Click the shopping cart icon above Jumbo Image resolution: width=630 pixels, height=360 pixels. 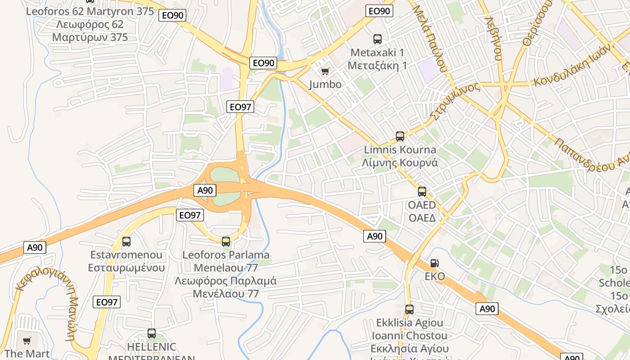click(325, 71)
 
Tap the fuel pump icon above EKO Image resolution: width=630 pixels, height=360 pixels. click(434, 263)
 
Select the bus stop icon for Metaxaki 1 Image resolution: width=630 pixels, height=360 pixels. click(378, 39)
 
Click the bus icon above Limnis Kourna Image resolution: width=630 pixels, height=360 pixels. click(400, 136)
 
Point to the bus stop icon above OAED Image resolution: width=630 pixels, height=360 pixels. click(422, 192)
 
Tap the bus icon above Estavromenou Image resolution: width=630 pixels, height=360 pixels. click(126, 242)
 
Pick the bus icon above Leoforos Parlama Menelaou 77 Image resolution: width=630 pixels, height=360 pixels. click(226, 242)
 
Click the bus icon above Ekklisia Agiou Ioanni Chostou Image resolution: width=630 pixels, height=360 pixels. click(409, 310)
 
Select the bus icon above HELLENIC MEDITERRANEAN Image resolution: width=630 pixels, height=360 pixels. click(152, 333)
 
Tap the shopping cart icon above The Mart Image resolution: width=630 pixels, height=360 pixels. click(27, 341)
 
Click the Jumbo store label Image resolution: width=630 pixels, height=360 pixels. click(325, 84)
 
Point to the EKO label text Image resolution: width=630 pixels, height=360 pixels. click(435, 276)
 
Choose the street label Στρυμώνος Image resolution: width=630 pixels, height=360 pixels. click(454, 101)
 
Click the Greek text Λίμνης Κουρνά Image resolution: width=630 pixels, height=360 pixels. click(400, 162)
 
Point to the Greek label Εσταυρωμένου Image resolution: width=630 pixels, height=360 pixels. click(126, 268)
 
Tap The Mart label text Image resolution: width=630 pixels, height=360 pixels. click(27, 354)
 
